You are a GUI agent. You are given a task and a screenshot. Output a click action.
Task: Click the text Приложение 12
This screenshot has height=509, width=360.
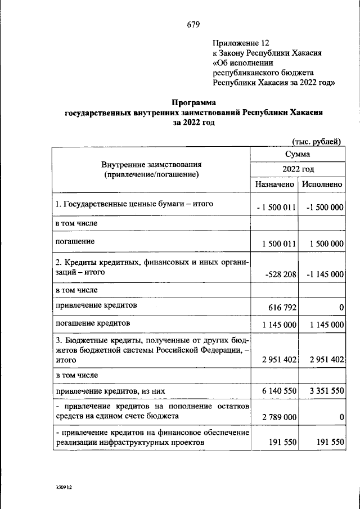pos(241,43)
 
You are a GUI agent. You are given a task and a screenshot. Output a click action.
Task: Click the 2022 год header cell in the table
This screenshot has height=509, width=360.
pos(298,169)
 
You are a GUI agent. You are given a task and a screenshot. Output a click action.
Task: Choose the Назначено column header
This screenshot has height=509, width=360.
pos(274,184)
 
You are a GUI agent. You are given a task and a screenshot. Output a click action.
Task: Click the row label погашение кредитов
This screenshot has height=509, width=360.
pos(93,324)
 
